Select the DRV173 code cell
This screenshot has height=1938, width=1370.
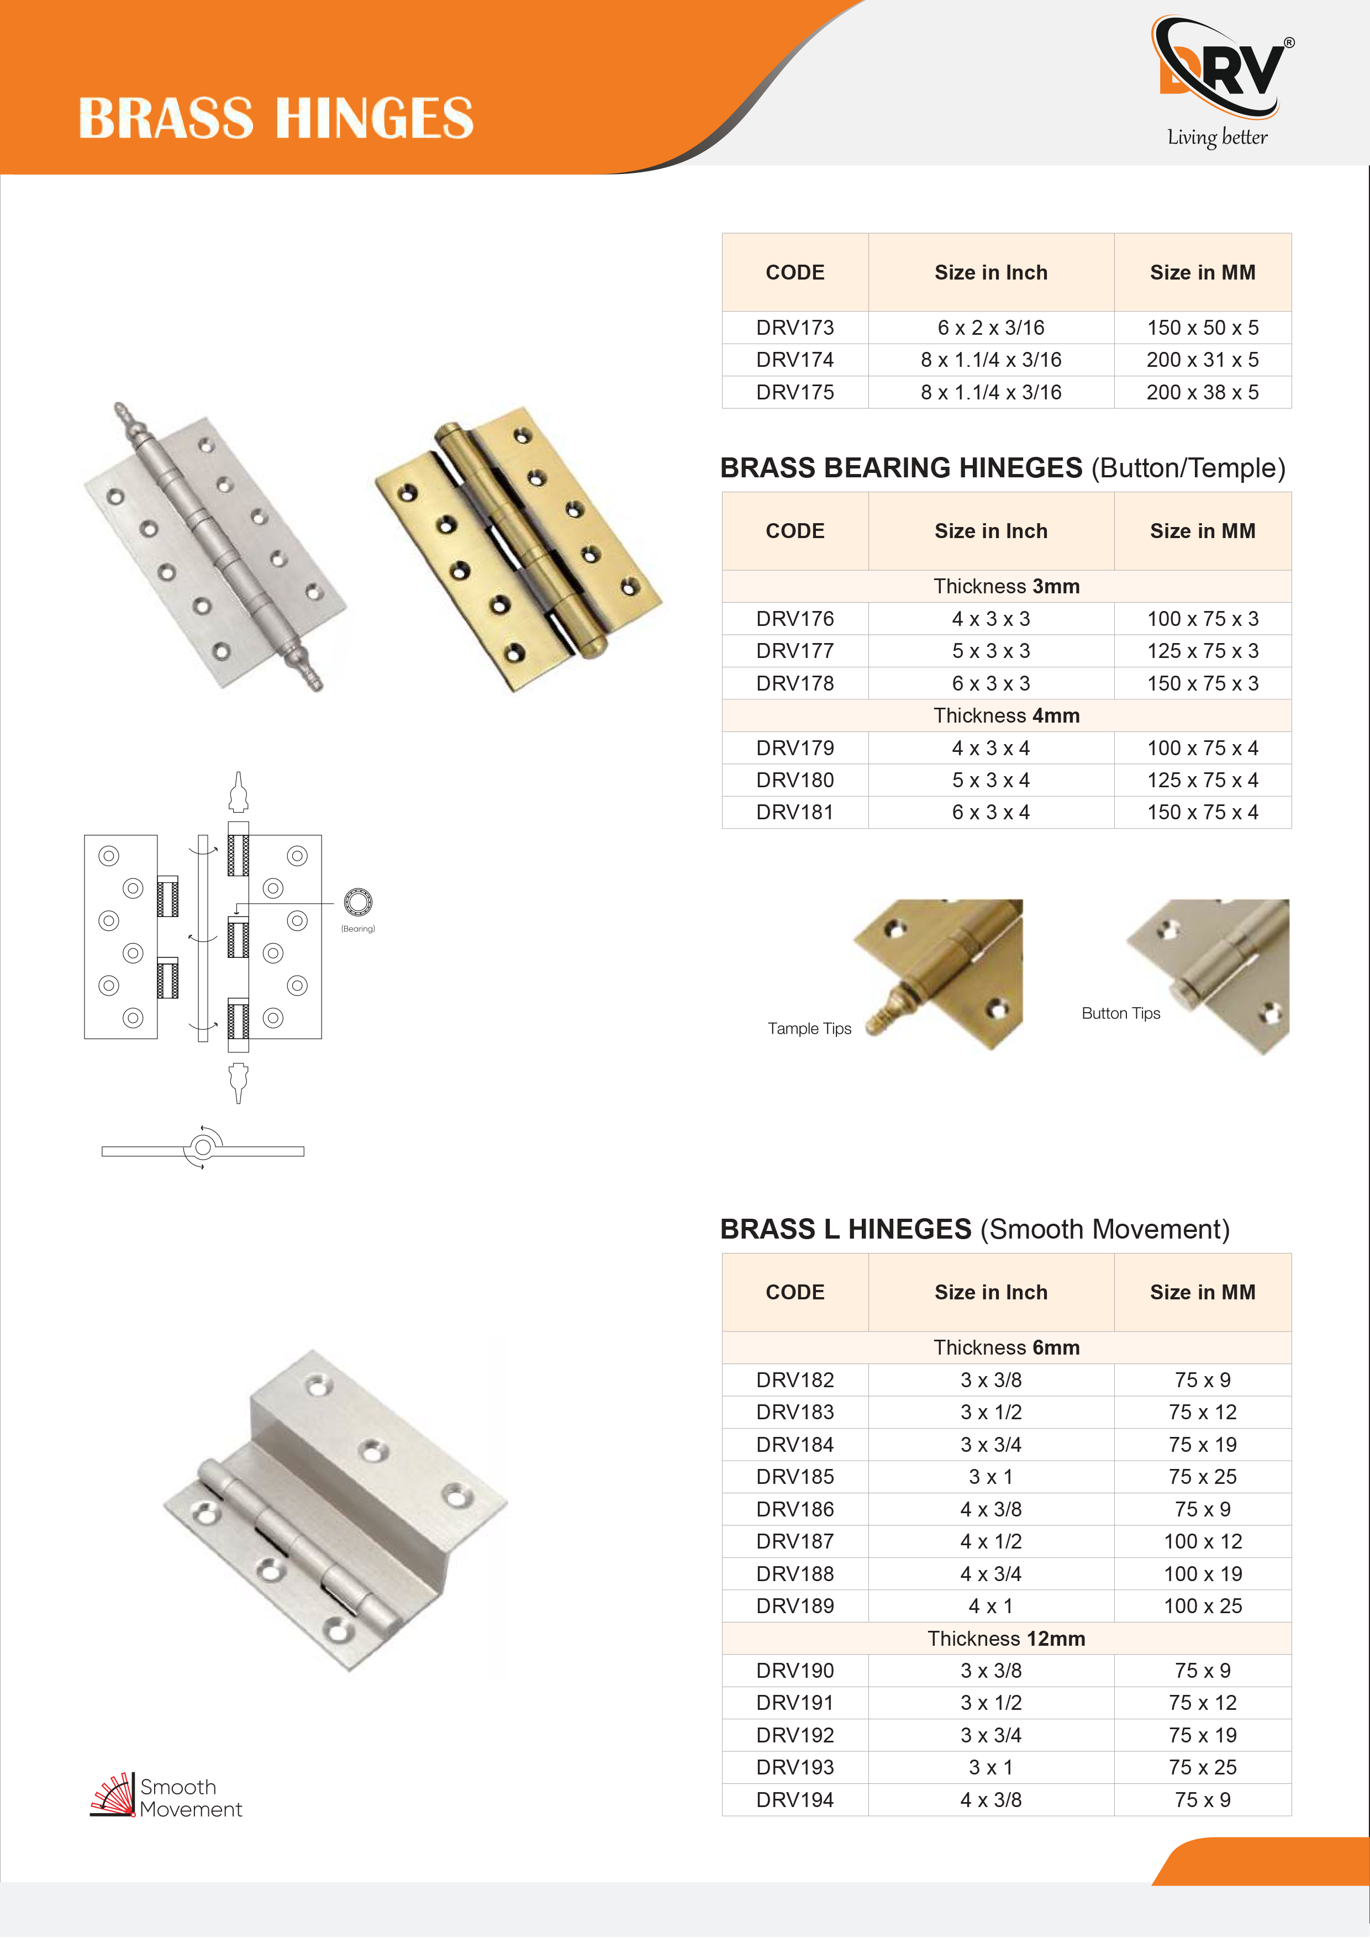794,328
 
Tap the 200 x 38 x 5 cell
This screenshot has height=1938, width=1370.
1202,392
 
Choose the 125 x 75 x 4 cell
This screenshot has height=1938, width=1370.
1202,781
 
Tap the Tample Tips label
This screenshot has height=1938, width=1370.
809,1029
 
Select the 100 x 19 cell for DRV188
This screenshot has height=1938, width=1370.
1202,1574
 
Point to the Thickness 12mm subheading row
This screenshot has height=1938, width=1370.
1006,1639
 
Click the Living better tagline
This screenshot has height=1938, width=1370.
1217,138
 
